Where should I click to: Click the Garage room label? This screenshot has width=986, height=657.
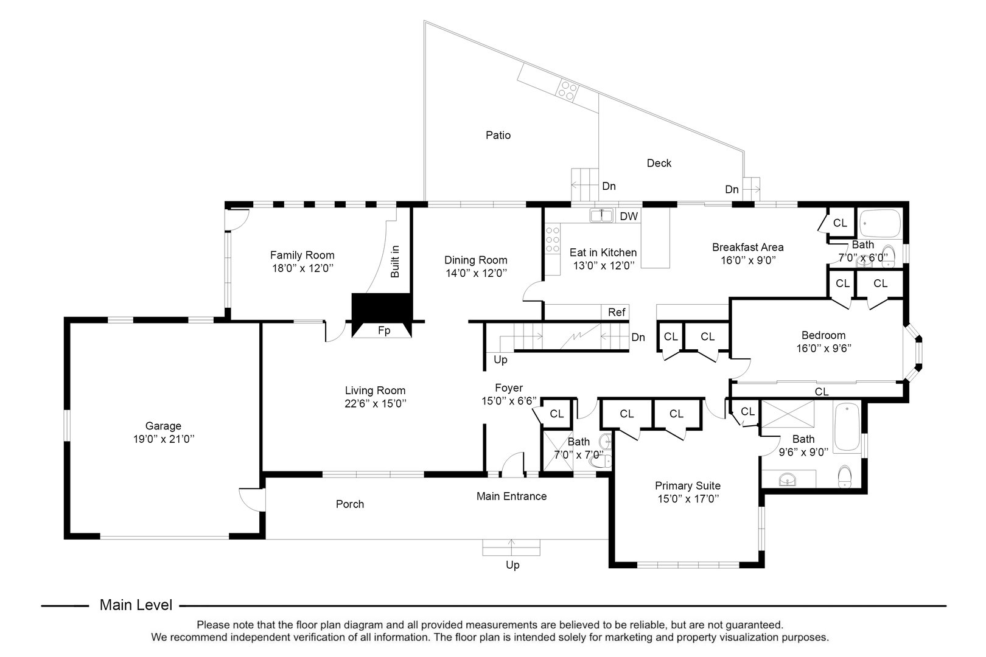point(163,426)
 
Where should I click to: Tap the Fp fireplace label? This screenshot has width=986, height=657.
point(384,331)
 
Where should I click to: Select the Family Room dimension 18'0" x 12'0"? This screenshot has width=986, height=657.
point(302,268)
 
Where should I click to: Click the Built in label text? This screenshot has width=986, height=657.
point(395,262)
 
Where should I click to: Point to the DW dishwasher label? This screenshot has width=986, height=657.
point(629,216)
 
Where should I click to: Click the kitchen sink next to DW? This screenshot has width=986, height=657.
point(601,215)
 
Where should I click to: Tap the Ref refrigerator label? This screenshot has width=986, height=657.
point(617,312)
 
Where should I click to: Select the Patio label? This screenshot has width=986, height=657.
point(498,135)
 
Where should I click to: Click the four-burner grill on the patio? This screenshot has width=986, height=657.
point(568,91)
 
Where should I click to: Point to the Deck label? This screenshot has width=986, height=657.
point(659,163)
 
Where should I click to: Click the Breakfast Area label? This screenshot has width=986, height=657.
point(747,247)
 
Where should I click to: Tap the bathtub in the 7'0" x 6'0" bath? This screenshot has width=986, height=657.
point(880,224)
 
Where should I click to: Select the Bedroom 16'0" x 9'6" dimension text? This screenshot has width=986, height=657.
point(823,349)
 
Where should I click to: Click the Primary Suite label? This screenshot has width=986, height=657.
point(687,485)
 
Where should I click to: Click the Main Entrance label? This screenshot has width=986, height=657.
point(511,496)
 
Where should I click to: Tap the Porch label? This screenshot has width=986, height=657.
point(350,504)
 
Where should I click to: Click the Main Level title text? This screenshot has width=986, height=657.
point(136,605)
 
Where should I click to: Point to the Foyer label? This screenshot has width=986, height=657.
point(508,388)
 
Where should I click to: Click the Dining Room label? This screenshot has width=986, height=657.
point(475,260)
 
